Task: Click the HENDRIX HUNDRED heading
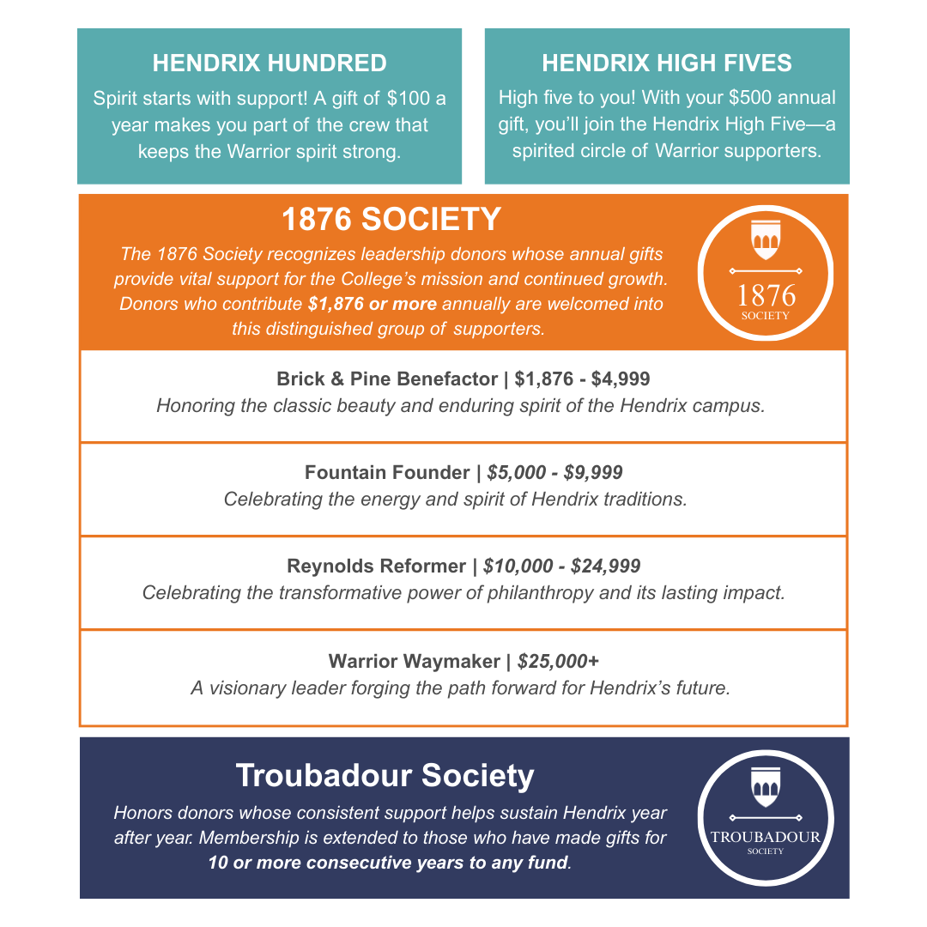(x=270, y=64)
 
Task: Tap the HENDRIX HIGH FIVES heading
(x=667, y=64)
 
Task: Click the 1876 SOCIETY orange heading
(x=391, y=220)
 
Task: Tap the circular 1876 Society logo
(x=766, y=273)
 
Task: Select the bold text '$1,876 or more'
(x=373, y=305)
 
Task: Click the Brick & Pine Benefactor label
(x=387, y=379)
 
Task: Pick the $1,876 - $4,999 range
(x=583, y=379)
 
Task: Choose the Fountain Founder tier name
(x=387, y=473)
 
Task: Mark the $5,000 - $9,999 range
(x=554, y=473)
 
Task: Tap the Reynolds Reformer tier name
(x=376, y=566)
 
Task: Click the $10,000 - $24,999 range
(x=561, y=566)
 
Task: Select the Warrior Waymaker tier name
(x=414, y=662)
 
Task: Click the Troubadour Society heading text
(x=385, y=776)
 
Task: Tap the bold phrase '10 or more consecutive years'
(x=336, y=863)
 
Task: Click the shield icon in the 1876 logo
(x=765, y=241)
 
